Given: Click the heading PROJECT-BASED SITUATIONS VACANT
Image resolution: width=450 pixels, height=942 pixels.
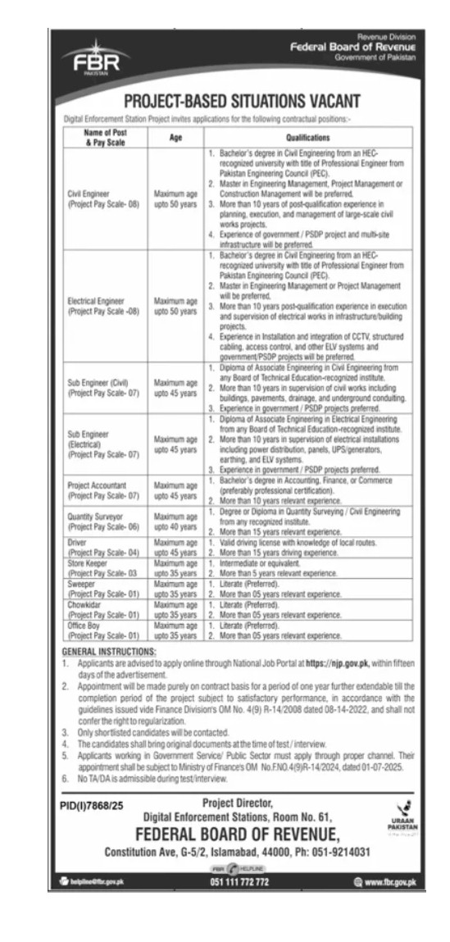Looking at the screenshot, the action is point(241,102).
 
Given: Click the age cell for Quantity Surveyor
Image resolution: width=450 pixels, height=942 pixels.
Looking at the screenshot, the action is point(175,498).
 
